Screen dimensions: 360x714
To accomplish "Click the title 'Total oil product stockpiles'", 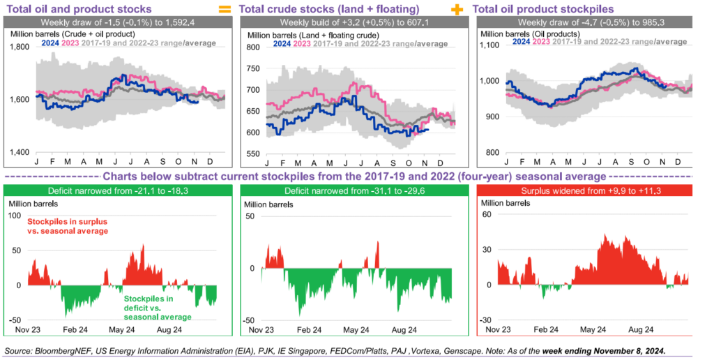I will tap(543, 10).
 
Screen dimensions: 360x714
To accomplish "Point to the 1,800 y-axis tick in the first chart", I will tap(19, 47).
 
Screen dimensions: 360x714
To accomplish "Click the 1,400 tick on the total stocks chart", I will tap(19, 151).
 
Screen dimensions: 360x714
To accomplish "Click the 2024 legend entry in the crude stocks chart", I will tap(282, 44).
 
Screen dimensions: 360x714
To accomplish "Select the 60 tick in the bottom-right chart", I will tap(488, 215).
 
